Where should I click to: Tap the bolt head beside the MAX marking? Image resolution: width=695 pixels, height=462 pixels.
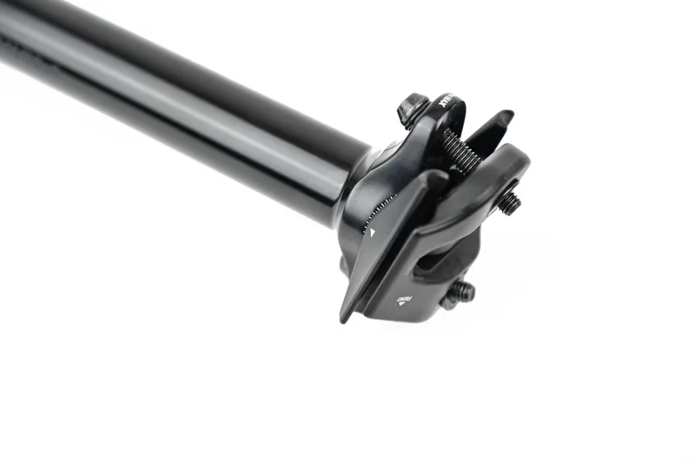tap(412, 109)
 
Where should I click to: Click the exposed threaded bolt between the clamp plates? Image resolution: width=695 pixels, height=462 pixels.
tap(460, 151)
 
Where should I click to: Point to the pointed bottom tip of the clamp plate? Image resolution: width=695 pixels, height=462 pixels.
tap(346, 317)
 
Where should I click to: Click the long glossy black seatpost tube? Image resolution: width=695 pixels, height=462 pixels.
tap(174, 96)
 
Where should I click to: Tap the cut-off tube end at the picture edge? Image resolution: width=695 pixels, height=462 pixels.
tap(7, 35)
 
